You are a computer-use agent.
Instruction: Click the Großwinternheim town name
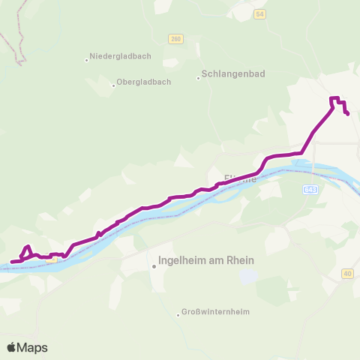tap(217, 312)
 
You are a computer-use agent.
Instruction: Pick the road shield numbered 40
tap(347, 273)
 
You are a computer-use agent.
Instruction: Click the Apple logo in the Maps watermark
tap(12, 347)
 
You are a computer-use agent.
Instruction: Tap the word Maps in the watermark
tap(32, 347)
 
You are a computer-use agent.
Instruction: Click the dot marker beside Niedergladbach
tap(87, 60)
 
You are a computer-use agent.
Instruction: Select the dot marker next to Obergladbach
tap(113, 85)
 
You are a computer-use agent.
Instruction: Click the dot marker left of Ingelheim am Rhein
tap(153, 265)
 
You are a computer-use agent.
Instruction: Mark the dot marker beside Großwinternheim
tap(178, 315)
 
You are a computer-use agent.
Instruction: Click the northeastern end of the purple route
tap(349, 113)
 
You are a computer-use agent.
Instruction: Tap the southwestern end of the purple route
tap(11, 262)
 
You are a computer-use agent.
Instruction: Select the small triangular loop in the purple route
tap(27, 252)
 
